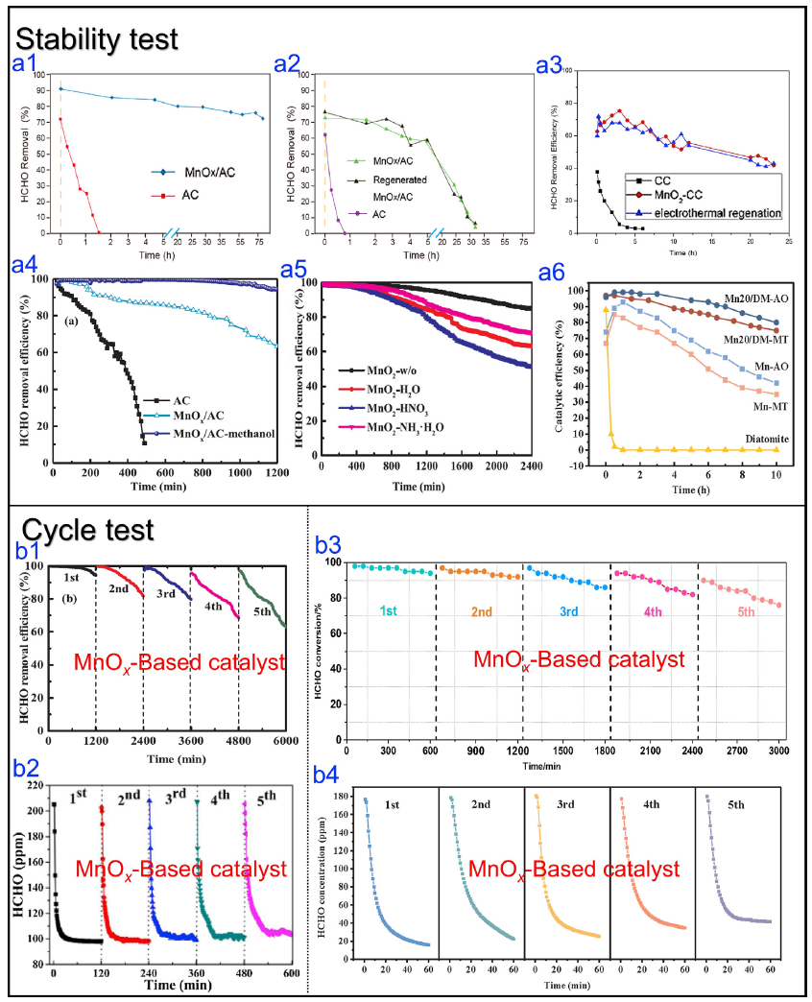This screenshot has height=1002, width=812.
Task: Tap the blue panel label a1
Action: [x=26, y=63]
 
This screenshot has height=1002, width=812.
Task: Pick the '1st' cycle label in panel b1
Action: [x=70, y=579]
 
